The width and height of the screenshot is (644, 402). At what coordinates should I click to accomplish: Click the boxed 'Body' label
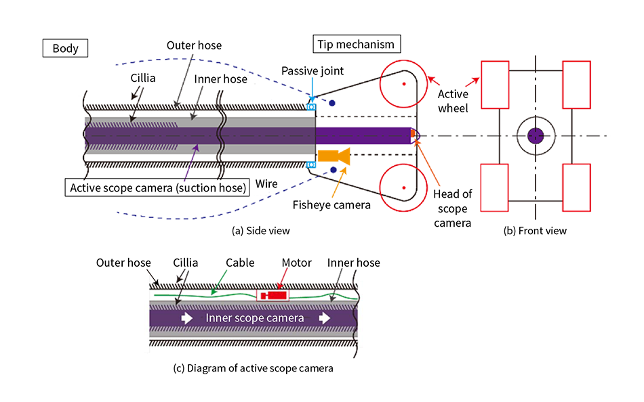point(65,48)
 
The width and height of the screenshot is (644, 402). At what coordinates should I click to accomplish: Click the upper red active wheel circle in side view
point(403,83)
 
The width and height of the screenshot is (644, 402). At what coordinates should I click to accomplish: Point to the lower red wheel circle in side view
point(403,188)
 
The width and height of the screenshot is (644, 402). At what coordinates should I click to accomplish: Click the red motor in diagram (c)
point(273,296)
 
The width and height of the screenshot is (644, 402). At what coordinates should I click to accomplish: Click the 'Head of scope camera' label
point(452,208)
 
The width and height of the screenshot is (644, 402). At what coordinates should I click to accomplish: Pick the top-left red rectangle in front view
point(495,85)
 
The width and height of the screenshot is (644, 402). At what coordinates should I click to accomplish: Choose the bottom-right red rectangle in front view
point(577,187)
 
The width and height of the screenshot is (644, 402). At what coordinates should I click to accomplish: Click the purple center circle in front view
point(536,136)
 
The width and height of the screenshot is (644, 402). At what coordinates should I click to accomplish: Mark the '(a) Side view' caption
point(261,230)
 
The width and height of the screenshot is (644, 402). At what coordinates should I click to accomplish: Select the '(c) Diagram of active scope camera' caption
point(254,369)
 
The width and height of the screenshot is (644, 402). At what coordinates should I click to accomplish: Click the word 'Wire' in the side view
point(267,183)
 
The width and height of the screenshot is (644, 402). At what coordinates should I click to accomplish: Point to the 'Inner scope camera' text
point(254,318)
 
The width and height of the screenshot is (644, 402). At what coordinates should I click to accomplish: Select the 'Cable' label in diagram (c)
point(240,263)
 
